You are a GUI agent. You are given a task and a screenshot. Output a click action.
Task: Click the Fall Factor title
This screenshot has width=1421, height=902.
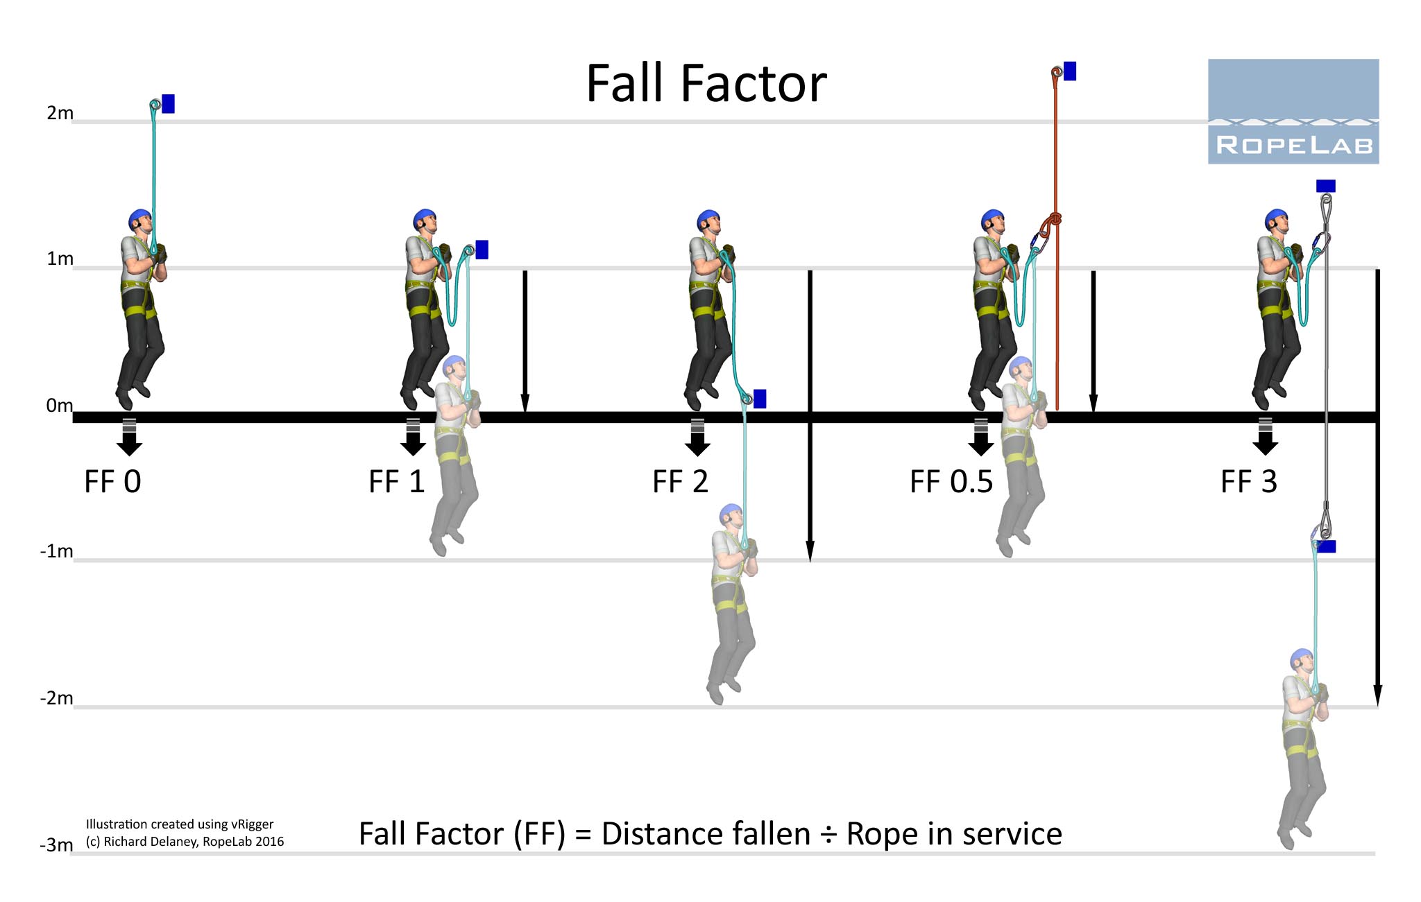click(706, 84)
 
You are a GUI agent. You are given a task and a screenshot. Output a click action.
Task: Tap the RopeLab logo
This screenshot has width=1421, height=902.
click(1293, 112)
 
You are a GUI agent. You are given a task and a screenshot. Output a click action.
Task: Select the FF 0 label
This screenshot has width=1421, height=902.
click(112, 482)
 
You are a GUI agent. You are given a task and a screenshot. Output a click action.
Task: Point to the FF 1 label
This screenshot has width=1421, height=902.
click(396, 482)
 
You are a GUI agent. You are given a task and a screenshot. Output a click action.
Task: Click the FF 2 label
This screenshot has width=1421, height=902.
click(680, 482)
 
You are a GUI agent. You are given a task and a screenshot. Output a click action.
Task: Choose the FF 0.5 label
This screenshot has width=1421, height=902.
click(951, 482)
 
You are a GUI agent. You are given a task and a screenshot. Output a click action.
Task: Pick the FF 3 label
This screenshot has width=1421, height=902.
click(1248, 482)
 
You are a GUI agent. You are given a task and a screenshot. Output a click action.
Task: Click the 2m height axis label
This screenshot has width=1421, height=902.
click(60, 113)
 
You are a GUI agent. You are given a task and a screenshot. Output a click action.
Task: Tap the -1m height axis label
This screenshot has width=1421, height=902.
click(56, 551)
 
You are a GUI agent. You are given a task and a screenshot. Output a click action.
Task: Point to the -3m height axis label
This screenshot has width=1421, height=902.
click(56, 845)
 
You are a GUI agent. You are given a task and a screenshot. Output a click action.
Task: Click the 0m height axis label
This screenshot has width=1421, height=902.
click(59, 406)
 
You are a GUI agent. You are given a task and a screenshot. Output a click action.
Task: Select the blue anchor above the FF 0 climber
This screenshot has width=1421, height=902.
click(168, 103)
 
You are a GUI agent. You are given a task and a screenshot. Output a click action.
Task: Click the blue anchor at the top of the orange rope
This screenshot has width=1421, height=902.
click(1070, 71)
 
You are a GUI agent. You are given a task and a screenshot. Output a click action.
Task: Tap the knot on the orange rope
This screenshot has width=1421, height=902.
click(1054, 220)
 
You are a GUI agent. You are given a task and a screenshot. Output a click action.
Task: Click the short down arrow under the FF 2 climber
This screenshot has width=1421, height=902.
click(697, 438)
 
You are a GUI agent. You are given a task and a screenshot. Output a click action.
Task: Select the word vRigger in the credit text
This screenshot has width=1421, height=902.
click(252, 824)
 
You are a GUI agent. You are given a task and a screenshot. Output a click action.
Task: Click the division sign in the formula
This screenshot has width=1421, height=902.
click(828, 835)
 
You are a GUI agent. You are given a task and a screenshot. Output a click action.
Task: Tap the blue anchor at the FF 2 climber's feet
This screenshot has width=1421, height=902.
click(760, 399)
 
